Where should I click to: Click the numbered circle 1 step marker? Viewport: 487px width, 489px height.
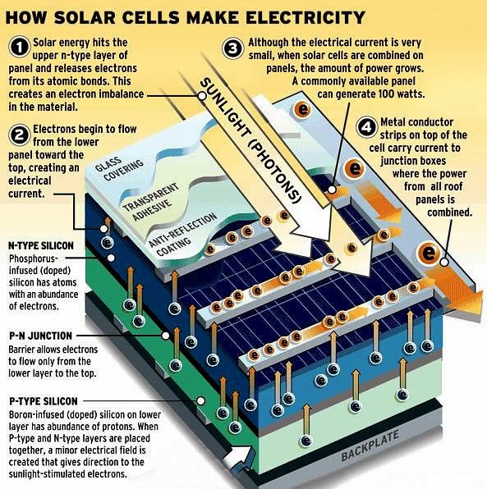(20, 48)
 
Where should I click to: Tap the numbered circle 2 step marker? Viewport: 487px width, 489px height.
(20, 135)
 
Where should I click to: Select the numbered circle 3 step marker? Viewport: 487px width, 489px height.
(233, 48)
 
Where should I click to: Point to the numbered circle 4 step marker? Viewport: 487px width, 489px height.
(366, 126)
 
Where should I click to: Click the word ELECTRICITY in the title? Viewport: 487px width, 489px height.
(306, 17)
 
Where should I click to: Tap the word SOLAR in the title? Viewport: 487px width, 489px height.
(85, 17)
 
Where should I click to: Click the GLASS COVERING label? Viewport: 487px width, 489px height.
(119, 167)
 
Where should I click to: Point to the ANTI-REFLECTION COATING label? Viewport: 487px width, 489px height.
(182, 234)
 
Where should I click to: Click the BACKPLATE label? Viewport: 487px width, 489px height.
(370, 446)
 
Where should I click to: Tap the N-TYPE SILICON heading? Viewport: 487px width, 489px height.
(41, 246)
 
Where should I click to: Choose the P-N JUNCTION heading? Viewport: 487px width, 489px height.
(40, 336)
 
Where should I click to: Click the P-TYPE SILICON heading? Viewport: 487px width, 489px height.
(44, 401)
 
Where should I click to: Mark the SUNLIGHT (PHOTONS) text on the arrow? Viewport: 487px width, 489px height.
(250, 140)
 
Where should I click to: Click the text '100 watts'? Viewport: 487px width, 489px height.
(402, 94)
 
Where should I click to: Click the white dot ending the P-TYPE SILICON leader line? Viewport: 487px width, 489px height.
(201, 400)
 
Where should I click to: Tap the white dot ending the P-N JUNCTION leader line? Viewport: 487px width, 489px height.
(165, 336)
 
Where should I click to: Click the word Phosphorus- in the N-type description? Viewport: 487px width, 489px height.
(34, 258)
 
